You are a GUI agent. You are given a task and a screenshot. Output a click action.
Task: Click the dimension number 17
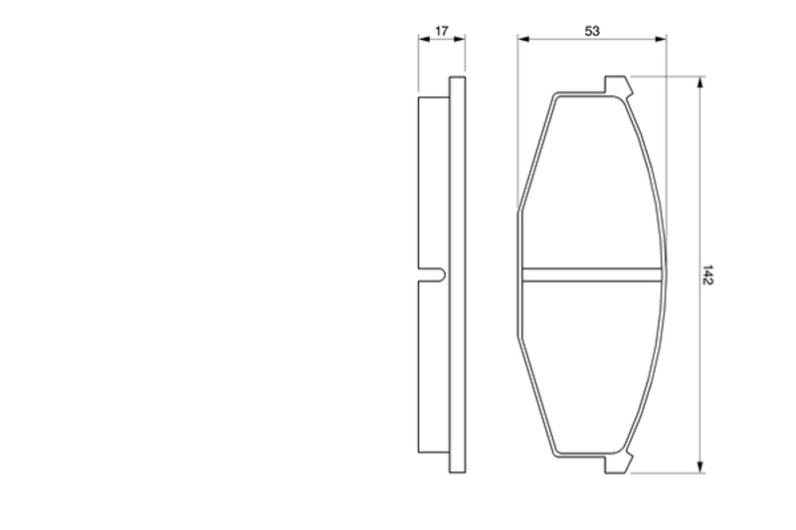(442, 31)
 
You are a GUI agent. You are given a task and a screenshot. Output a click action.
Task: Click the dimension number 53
(592, 31)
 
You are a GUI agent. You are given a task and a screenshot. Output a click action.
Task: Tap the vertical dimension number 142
(707, 274)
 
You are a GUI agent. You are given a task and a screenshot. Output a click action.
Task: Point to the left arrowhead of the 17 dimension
(424, 39)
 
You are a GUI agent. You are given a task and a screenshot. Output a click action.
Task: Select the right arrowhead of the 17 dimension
(460, 39)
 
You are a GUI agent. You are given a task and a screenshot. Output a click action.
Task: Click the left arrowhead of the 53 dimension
(523, 39)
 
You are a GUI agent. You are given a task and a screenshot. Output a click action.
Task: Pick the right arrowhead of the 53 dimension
(661, 39)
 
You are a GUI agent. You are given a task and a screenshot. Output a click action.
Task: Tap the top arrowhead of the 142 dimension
(700, 83)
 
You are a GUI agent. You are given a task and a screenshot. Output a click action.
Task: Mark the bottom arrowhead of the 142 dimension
(700, 467)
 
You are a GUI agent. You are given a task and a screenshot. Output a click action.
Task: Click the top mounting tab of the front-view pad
(618, 86)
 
